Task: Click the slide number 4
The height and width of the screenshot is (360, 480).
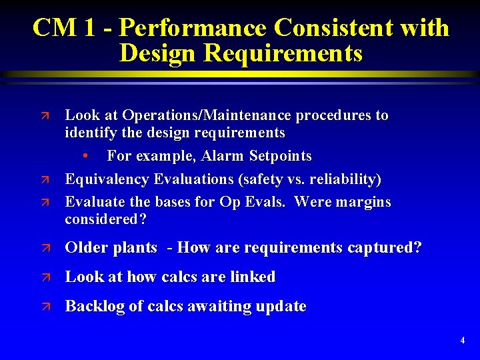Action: point(463,341)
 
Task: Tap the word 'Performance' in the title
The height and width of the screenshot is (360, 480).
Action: point(191,28)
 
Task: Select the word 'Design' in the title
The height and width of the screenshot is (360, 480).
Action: point(159,53)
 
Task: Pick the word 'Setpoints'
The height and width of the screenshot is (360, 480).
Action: point(280,156)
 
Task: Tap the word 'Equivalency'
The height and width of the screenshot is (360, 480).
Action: point(107,179)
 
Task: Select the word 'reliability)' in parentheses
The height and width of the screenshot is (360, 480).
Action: point(343,179)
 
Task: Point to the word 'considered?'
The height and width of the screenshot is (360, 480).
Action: point(106,219)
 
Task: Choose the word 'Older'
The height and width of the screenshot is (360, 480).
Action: point(86,248)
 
